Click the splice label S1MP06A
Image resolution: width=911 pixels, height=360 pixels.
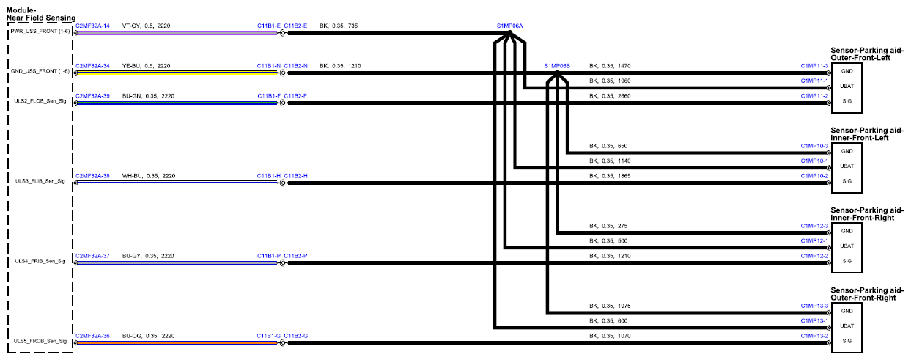click(x=509, y=26)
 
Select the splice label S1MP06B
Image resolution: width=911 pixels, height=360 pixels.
click(x=557, y=66)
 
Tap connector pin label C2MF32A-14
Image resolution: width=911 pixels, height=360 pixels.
click(x=92, y=26)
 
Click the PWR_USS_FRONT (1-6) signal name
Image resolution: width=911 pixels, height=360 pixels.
click(x=40, y=32)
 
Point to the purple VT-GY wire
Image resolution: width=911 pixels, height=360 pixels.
click(x=177, y=33)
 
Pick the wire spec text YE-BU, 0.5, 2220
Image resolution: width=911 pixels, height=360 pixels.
click(x=147, y=66)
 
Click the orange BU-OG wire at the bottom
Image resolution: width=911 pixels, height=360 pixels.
click(x=177, y=343)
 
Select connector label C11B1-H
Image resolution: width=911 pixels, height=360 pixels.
click(x=269, y=176)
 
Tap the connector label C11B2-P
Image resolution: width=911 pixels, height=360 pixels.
click(x=295, y=256)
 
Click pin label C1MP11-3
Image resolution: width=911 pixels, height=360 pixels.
click(x=814, y=66)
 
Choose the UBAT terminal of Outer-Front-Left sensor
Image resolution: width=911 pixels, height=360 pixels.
click(x=847, y=87)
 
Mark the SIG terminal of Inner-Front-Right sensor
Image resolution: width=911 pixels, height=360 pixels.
click(x=847, y=261)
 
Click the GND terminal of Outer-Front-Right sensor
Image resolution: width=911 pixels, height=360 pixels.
click(x=847, y=311)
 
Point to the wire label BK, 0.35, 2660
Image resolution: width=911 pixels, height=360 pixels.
click(x=610, y=96)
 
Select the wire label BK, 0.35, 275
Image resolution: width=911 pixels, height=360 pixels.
click(x=608, y=226)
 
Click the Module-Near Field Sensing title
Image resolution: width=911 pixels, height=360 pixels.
click(x=40, y=14)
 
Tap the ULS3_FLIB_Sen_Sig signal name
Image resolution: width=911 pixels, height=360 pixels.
click(x=40, y=181)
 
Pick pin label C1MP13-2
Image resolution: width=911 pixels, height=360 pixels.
click(x=814, y=336)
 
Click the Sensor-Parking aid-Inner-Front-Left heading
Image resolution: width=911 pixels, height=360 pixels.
click(x=867, y=134)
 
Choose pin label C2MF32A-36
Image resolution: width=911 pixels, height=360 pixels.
click(x=92, y=336)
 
